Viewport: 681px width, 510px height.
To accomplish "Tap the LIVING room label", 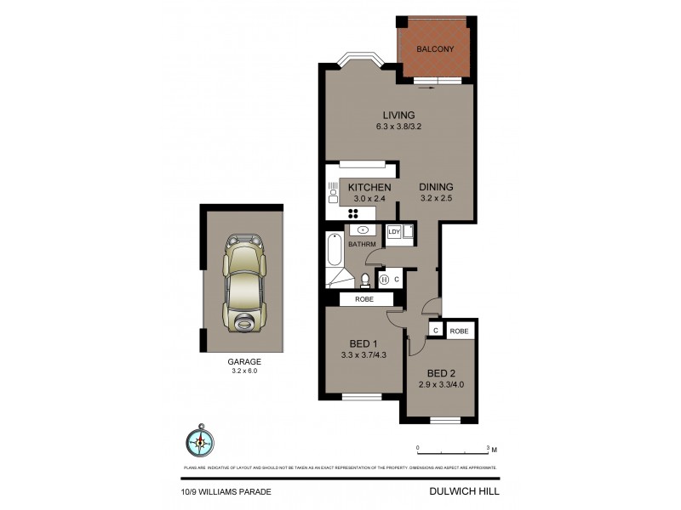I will [398, 116].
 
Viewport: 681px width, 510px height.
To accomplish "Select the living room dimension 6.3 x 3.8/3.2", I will [398, 127].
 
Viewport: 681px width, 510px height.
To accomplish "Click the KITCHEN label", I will [369, 187].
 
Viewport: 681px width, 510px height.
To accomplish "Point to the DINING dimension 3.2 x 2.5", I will [435, 199].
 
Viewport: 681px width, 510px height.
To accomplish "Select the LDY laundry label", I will [394, 231].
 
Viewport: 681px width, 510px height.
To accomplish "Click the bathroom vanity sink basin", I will [363, 229].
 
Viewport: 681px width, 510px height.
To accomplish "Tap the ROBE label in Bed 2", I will [459, 331].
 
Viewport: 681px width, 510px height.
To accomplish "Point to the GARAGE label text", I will [243, 361].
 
